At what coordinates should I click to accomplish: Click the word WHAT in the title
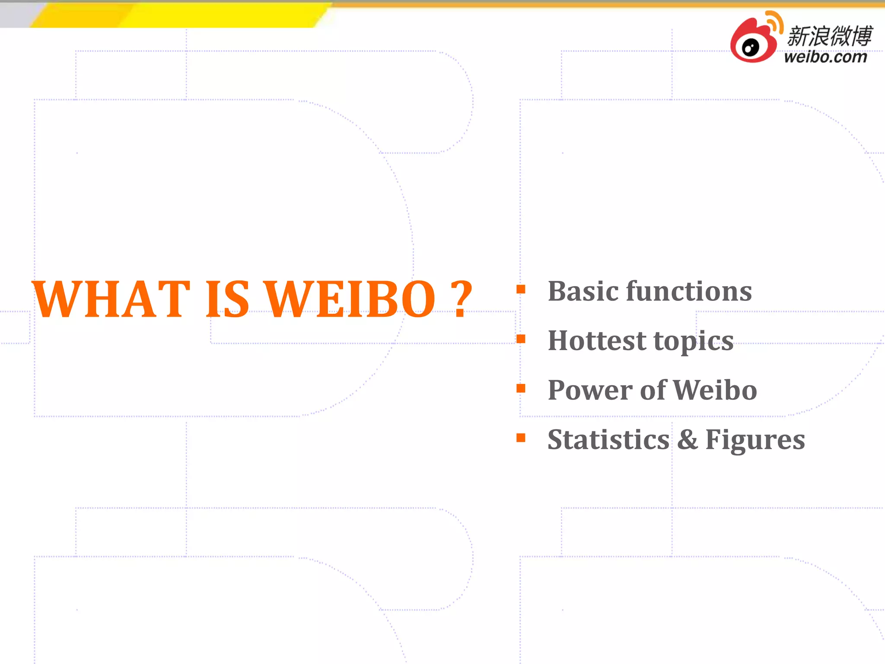pyautogui.click(x=111, y=299)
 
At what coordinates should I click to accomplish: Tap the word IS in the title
pyautogui.click(x=227, y=299)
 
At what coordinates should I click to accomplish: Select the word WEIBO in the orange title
pyautogui.click(x=350, y=299)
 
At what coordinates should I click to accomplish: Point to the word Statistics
pyautogui.click(x=608, y=440)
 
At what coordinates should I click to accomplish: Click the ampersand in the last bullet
pyautogui.click(x=687, y=440)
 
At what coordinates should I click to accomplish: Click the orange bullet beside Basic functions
pyautogui.click(x=521, y=289)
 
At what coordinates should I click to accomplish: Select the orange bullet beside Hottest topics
pyautogui.click(x=521, y=338)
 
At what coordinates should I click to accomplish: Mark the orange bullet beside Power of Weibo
pyautogui.click(x=521, y=388)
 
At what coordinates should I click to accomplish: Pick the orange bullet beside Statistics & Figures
pyautogui.click(x=521, y=438)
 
